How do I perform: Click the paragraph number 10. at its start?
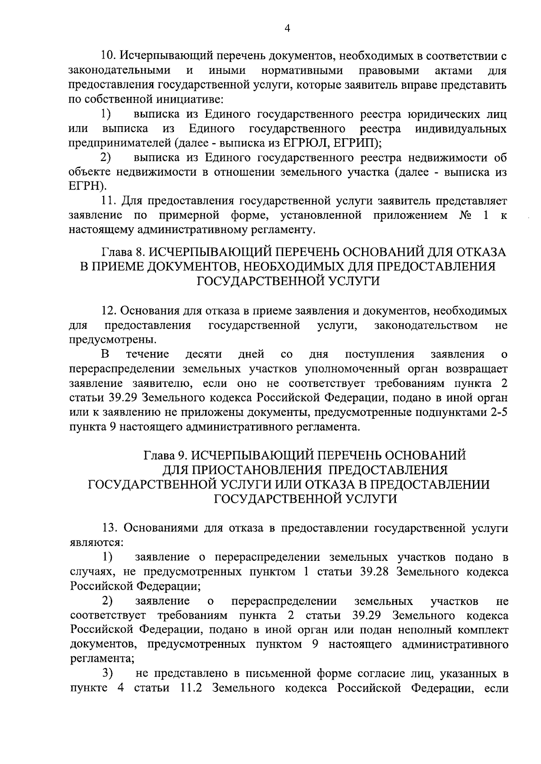(109, 56)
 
